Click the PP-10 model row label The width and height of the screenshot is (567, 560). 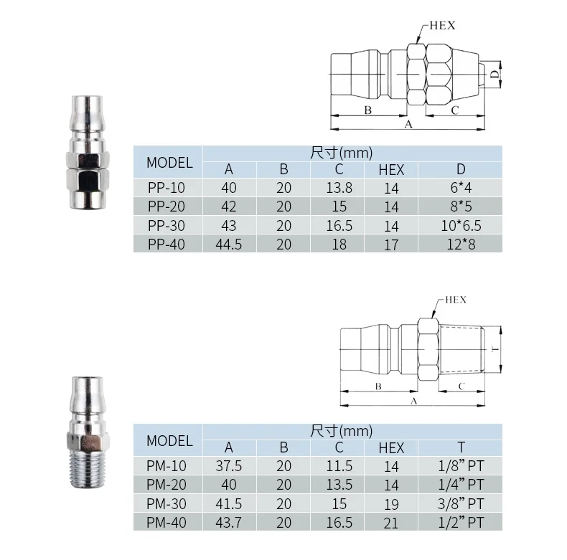click(x=167, y=188)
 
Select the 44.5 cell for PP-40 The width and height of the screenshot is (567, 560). click(x=229, y=245)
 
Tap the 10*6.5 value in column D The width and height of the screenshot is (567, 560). click(x=461, y=225)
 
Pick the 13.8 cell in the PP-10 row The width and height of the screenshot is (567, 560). click(x=339, y=188)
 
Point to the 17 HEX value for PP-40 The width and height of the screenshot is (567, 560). click(x=391, y=245)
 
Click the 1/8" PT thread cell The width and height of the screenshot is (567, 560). click(x=461, y=465)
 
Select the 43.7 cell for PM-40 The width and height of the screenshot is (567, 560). click(x=229, y=523)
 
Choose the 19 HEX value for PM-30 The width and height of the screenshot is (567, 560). click(x=391, y=504)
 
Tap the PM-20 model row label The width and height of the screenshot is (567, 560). click(x=167, y=485)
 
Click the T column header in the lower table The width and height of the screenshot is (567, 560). click(x=461, y=447)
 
